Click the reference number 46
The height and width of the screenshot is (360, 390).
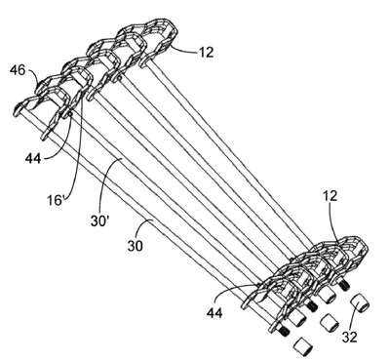coord(17,70)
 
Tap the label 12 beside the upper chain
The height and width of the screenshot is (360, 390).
coord(206,52)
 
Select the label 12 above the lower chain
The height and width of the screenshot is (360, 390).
coord(330,196)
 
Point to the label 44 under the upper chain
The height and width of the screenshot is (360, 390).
coord(33,159)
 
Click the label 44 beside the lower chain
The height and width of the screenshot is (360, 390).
coord(214,313)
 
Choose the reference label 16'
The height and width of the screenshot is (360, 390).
coord(55,200)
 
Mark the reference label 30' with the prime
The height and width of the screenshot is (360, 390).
coord(99,221)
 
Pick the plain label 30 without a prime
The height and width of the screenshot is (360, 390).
coord(135,246)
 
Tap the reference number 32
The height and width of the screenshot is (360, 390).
coord(349,337)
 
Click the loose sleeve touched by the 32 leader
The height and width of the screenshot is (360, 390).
coord(360,302)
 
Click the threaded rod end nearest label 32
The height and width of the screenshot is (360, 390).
coord(343,285)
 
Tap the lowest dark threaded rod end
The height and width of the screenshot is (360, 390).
coord(284,332)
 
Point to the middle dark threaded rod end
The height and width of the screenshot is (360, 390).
coord(312,305)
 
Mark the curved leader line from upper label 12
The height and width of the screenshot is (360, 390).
coord(183,48)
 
